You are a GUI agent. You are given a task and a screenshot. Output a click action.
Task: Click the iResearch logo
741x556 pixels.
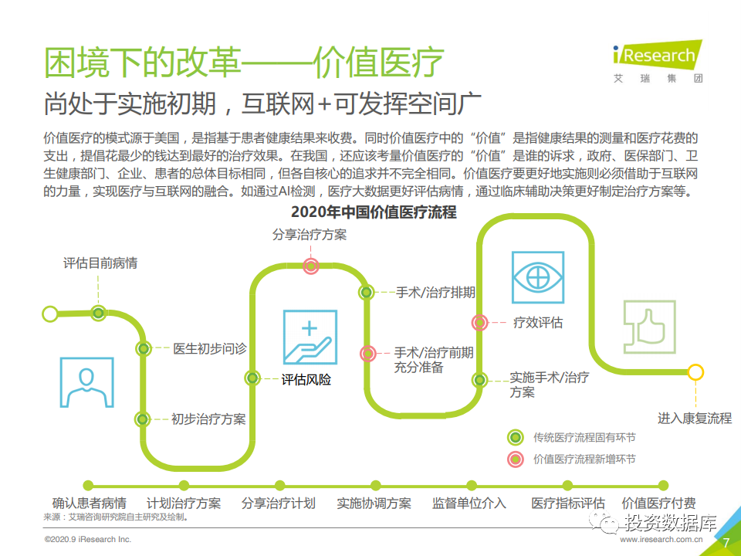658,62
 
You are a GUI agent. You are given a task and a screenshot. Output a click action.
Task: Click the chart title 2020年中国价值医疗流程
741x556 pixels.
374,212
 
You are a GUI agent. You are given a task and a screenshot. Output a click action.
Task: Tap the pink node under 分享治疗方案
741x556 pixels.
310,266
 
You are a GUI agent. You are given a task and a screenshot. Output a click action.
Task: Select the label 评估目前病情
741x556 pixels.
100,263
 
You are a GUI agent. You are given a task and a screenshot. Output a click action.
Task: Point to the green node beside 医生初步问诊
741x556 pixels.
144,349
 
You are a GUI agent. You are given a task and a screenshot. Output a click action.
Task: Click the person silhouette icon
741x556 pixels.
87,382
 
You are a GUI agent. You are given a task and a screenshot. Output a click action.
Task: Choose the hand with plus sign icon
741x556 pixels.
310,337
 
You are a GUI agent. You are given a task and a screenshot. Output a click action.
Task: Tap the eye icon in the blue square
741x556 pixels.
538,277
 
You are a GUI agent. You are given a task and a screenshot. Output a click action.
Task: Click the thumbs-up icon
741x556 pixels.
650,327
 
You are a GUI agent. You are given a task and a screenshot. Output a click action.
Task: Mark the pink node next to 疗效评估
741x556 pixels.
479,323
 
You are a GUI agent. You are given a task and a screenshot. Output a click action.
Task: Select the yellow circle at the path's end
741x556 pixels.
695,372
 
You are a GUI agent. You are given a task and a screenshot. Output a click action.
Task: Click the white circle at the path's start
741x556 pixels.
50,314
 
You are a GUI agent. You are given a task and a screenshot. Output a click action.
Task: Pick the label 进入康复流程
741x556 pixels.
694,418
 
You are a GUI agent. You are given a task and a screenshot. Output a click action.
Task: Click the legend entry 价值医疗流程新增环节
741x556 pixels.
571,459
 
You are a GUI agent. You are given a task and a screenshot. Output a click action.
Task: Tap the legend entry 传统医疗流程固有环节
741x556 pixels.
571,437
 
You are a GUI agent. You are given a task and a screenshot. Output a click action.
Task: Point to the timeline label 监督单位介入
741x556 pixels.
469,503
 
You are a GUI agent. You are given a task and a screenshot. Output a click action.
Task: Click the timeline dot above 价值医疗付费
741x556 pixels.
664,486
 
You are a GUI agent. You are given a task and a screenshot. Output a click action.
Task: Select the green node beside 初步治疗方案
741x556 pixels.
142,419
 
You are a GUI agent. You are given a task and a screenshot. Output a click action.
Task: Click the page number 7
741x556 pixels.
726,543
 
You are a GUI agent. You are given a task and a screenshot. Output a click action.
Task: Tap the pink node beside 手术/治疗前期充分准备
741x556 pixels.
367,353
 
